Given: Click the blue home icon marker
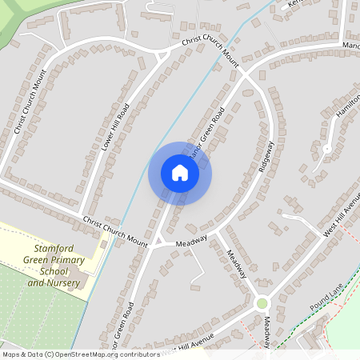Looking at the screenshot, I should (180, 173).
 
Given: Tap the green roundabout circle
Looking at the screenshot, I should (262, 303).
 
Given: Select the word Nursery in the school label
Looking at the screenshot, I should (65, 283).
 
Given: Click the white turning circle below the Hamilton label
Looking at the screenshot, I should (326, 149).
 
